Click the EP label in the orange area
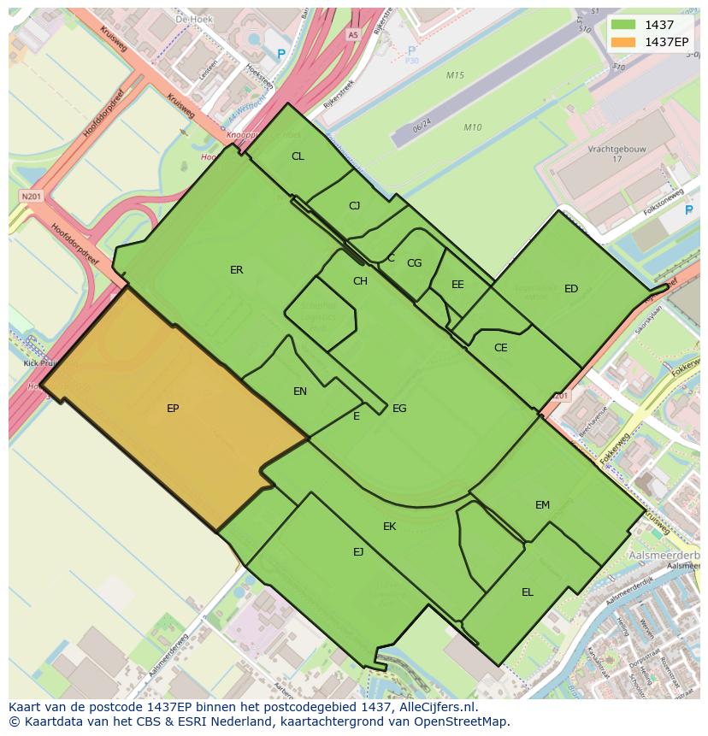(x=173, y=409)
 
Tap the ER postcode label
(x=237, y=270)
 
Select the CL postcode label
(x=298, y=156)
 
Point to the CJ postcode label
(x=355, y=206)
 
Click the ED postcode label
(x=571, y=289)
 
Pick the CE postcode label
(x=501, y=348)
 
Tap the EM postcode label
(x=543, y=505)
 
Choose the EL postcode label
(x=528, y=592)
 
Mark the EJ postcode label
(x=358, y=552)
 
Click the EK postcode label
(x=390, y=527)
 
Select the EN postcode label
(x=300, y=392)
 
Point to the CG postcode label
(x=415, y=263)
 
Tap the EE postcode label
(x=457, y=285)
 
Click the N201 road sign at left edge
(x=32, y=197)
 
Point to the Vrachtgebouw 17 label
(x=617, y=154)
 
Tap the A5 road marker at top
(x=352, y=35)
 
